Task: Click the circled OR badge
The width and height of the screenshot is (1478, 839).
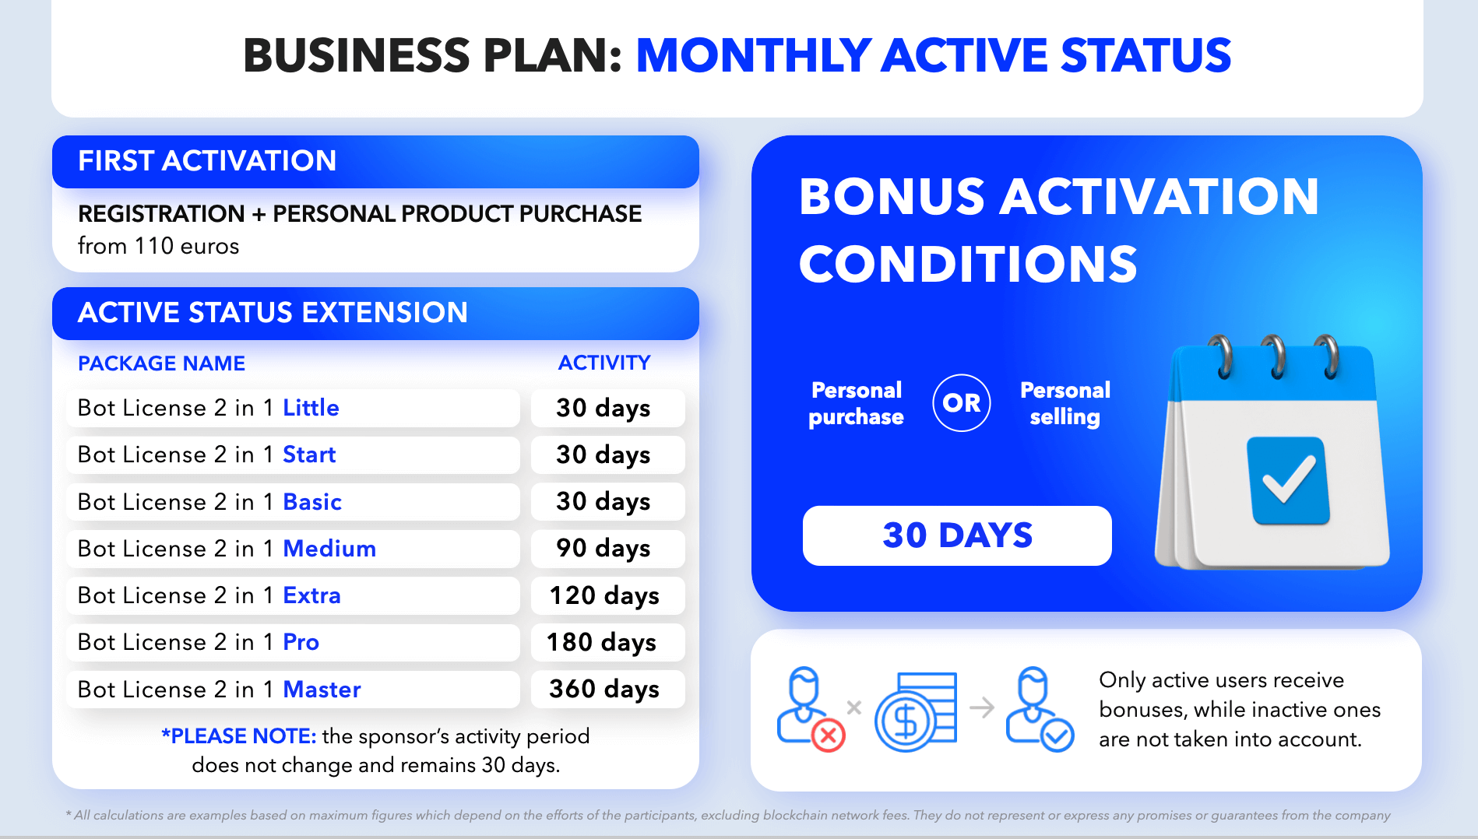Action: tap(962, 402)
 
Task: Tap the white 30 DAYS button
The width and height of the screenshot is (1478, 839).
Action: tap(957, 535)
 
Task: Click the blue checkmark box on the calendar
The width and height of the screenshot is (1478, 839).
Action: tap(1288, 480)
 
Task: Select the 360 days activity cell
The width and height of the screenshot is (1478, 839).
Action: tap(607, 689)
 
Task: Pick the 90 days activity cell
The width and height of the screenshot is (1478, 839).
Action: tap(607, 548)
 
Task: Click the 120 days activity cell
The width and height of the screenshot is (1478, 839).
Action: tap(607, 595)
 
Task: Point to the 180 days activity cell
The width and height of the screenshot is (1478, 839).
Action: tap(607, 642)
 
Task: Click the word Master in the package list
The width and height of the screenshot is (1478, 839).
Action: tap(322, 690)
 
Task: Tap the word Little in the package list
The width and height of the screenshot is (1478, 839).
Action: tap(311, 408)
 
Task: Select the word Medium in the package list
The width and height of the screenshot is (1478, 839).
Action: tap(329, 549)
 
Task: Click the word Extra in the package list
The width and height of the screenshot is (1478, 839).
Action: tap(311, 595)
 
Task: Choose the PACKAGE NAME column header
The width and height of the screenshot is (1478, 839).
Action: tap(161, 363)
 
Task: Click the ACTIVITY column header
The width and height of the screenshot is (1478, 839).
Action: tap(604, 363)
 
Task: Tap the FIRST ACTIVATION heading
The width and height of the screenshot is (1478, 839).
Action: tap(207, 161)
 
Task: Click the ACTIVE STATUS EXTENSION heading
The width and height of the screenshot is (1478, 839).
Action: tap(273, 313)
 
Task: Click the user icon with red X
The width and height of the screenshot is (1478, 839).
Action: tap(810, 709)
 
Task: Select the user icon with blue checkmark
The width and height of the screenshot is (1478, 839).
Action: tap(1039, 709)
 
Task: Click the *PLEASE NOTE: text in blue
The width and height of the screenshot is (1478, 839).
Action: tap(238, 736)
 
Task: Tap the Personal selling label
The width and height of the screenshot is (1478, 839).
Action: tap(1065, 403)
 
